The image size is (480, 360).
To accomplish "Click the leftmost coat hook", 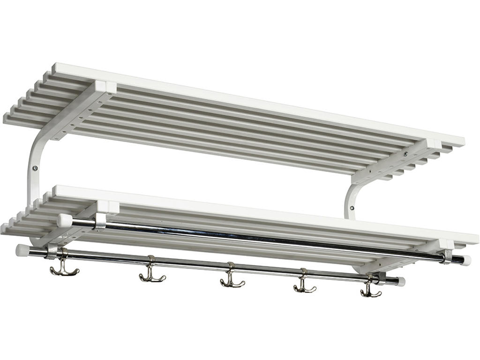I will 64,268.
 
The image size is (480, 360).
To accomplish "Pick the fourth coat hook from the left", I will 304,285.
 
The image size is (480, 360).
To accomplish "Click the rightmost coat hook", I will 371,290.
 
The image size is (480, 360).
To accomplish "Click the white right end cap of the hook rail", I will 401,282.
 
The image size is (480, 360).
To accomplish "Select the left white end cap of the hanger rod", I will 64,220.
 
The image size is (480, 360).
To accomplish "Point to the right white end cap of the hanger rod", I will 465,261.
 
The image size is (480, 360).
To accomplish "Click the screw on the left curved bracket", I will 34,167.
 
